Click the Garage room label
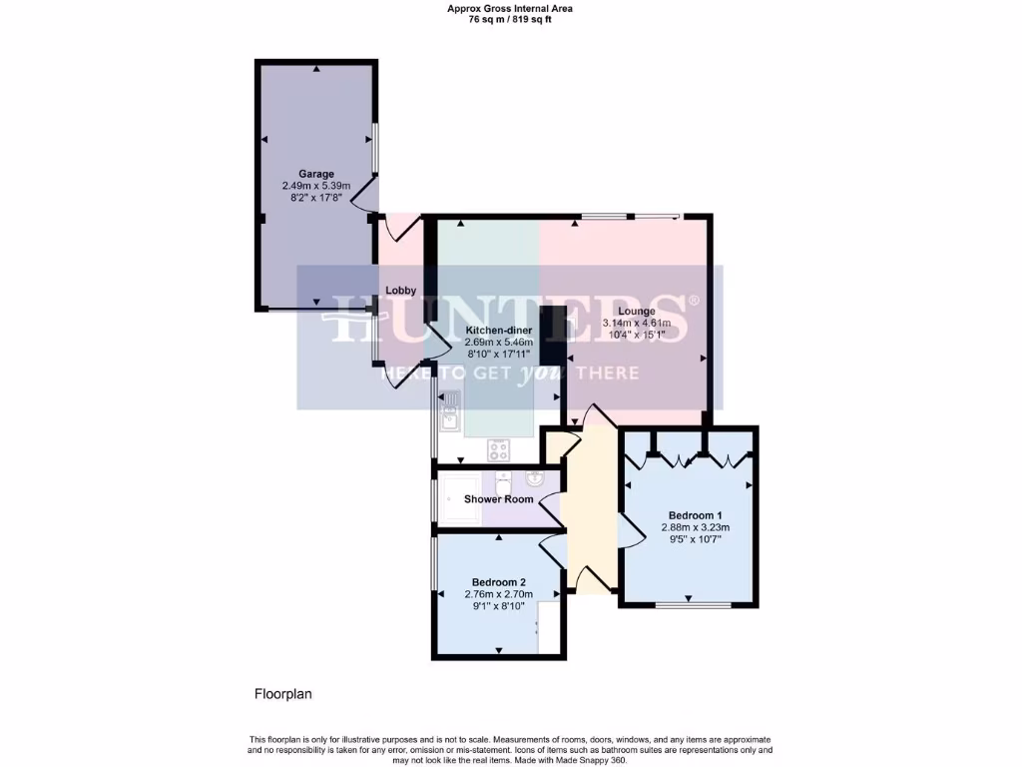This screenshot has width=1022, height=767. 316,174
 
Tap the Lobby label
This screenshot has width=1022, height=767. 401,291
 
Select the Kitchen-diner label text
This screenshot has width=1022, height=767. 499,330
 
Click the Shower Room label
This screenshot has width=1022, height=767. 498,499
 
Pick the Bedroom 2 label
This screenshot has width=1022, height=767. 498,582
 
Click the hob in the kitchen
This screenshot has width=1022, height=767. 499,450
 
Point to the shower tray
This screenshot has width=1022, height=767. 458,498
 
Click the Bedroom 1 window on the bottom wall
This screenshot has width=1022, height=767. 688,605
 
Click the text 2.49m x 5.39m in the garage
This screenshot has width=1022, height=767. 316,187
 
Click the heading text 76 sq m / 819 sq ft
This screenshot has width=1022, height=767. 510,19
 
